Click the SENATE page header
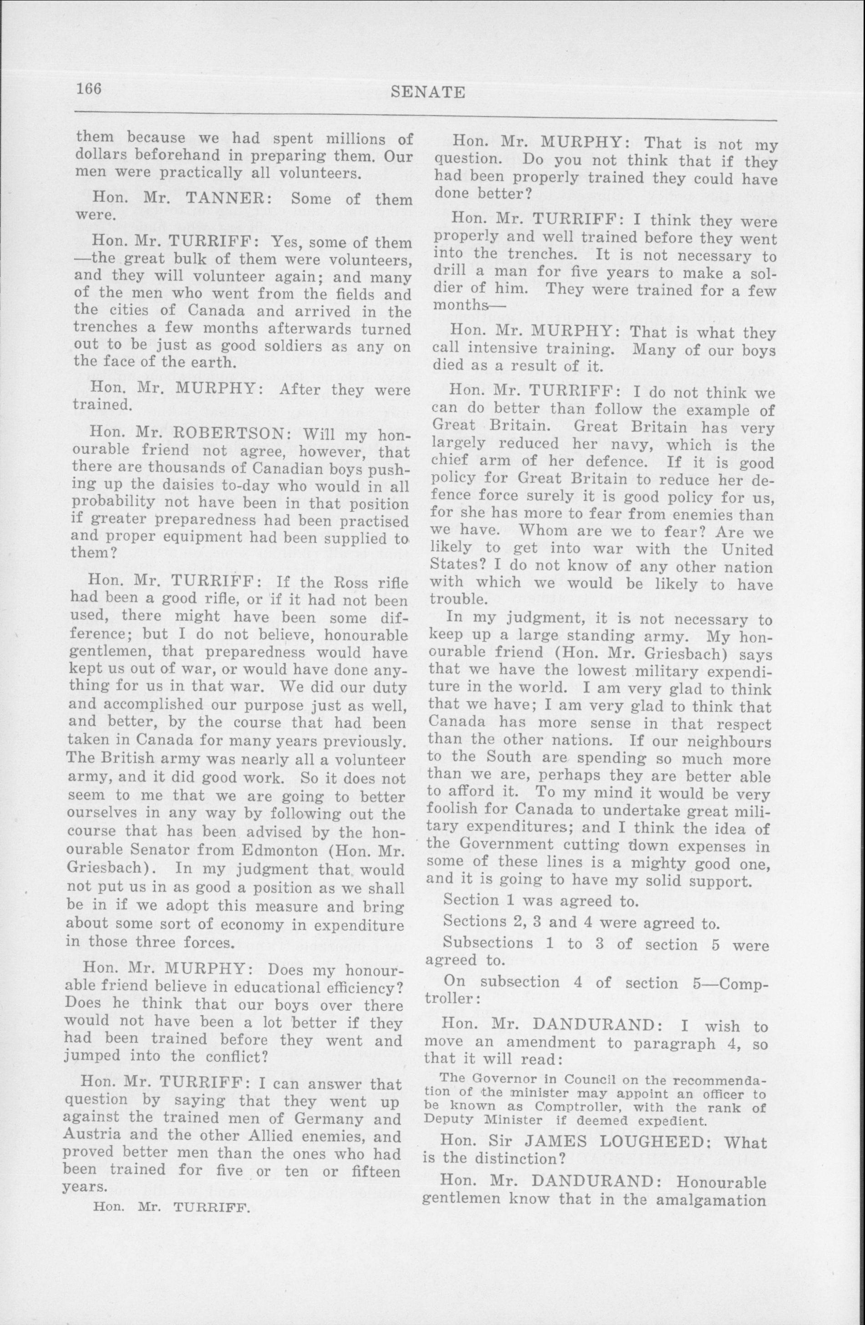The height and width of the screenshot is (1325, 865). (x=428, y=92)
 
